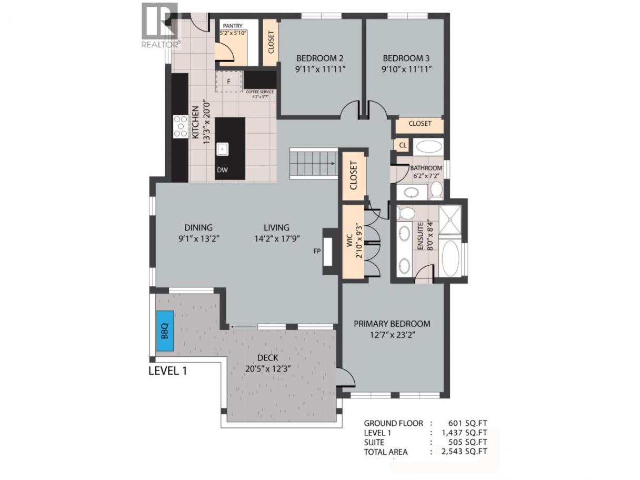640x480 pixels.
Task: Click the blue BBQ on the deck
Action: [165, 331]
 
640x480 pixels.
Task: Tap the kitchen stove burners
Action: [181, 126]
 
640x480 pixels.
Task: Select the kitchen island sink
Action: [223, 149]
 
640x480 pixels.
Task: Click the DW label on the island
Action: [222, 170]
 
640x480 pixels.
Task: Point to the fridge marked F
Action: [228, 81]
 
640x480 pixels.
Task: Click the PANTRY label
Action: [233, 26]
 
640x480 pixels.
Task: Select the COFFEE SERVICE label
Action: [259, 92]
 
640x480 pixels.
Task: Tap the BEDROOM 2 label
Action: [320, 58]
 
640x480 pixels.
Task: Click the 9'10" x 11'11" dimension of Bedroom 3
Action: [406, 69]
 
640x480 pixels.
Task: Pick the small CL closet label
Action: [403, 145]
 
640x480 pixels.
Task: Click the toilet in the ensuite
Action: [406, 213]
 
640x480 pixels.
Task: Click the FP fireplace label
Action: [317, 251]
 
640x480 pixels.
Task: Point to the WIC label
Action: [350, 241]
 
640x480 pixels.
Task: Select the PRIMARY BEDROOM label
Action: [392, 324]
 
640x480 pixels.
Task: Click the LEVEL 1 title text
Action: [168, 371]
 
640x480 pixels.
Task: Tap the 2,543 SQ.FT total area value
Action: [464, 452]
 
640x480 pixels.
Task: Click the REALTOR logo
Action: [160, 26]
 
